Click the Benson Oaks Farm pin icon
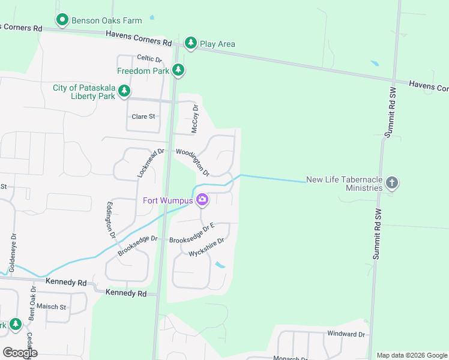[x=62, y=20]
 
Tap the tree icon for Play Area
[x=191, y=43]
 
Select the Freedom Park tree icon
[x=178, y=70]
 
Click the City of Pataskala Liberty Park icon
[x=124, y=91]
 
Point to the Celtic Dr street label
[x=149, y=58]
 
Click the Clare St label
[x=143, y=116]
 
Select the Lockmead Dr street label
[x=150, y=163]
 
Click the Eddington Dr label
[x=110, y=220]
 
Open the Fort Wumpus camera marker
[x=202, y=200]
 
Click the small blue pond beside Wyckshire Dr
[x=220, y=265]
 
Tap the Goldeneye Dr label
[x=12, y=247]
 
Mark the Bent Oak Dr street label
[x=34, y=304]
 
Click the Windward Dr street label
[x=346, y=334]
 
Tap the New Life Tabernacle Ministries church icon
[x=392, y=183]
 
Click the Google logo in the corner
[x=20, y=353]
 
